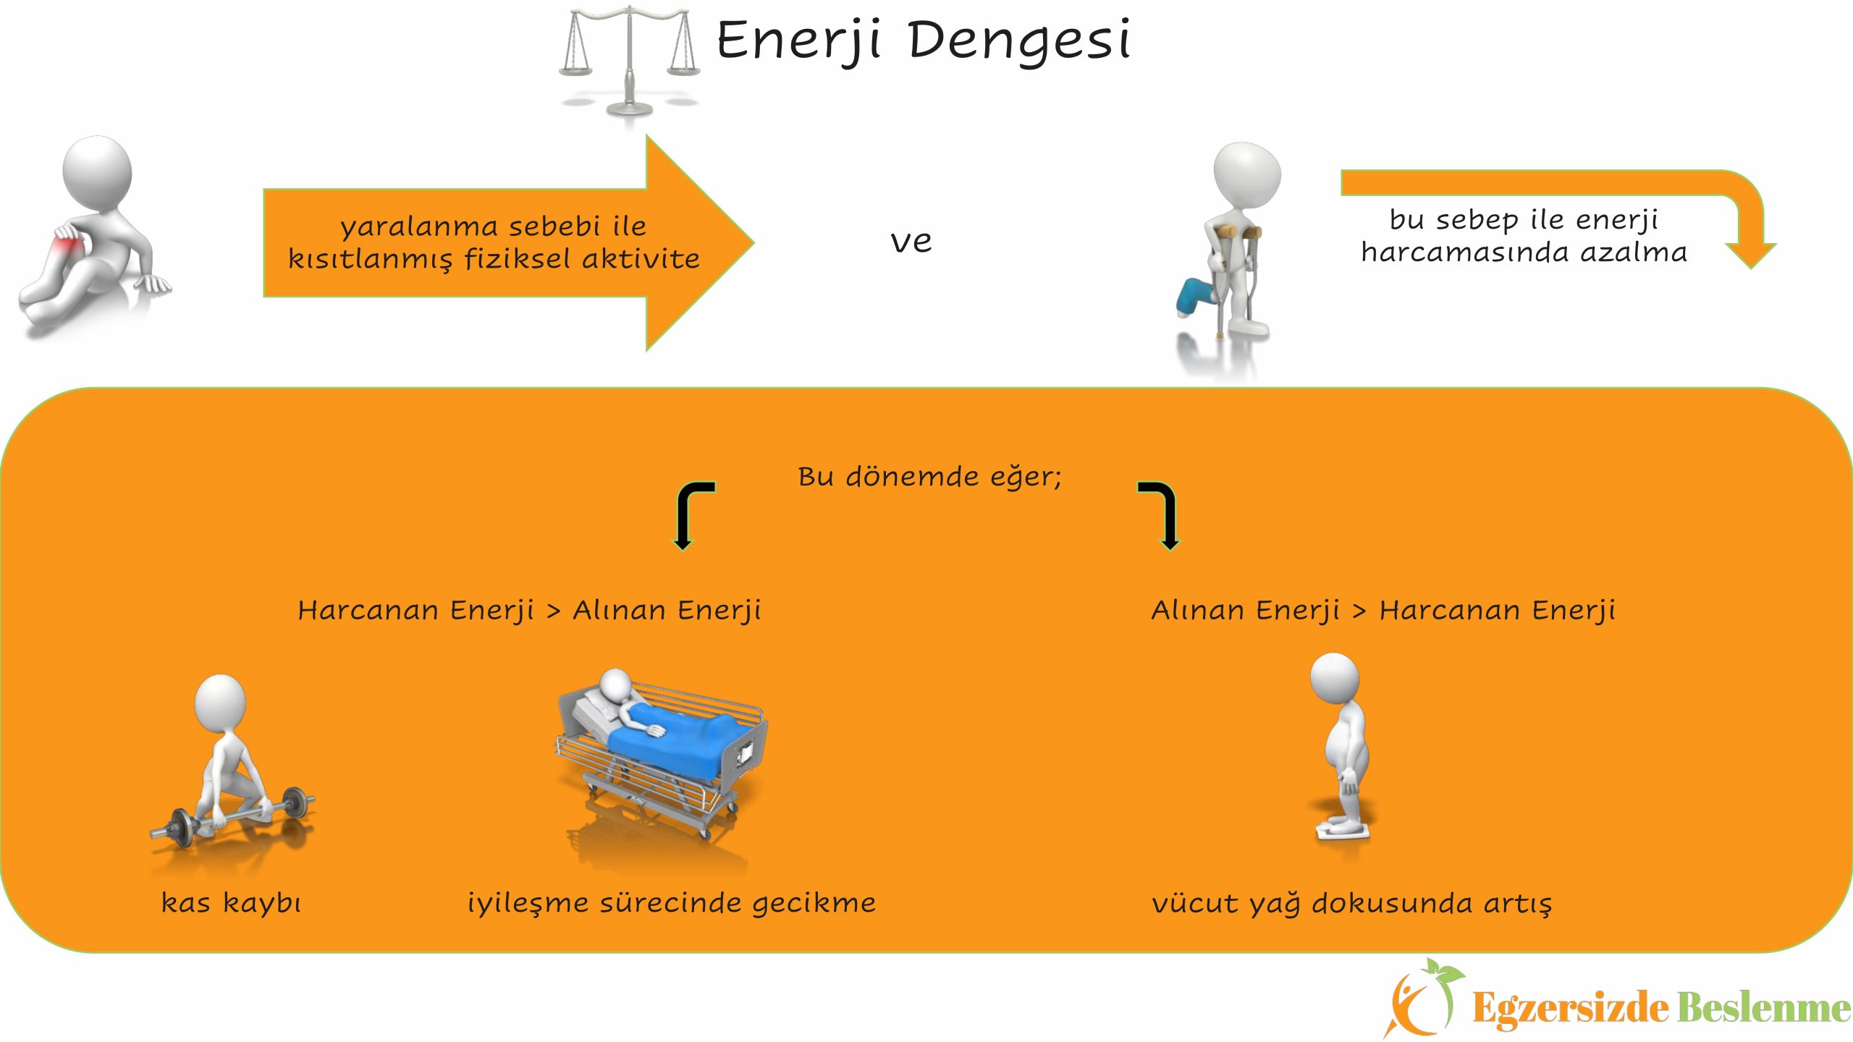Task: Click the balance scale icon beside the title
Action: (x=629, y=62)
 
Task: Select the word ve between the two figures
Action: (x=911, y=242)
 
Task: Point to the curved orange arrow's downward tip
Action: (x=1751, y=268)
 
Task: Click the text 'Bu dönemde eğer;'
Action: (x=929, y=477)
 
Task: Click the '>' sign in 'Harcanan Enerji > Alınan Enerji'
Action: (x=554, y=611)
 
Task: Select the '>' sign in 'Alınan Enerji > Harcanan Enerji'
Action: (x=1359, y=611)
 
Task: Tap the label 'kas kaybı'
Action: (x=231, y=903)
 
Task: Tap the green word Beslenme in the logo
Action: (x=1764, y=1007)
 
